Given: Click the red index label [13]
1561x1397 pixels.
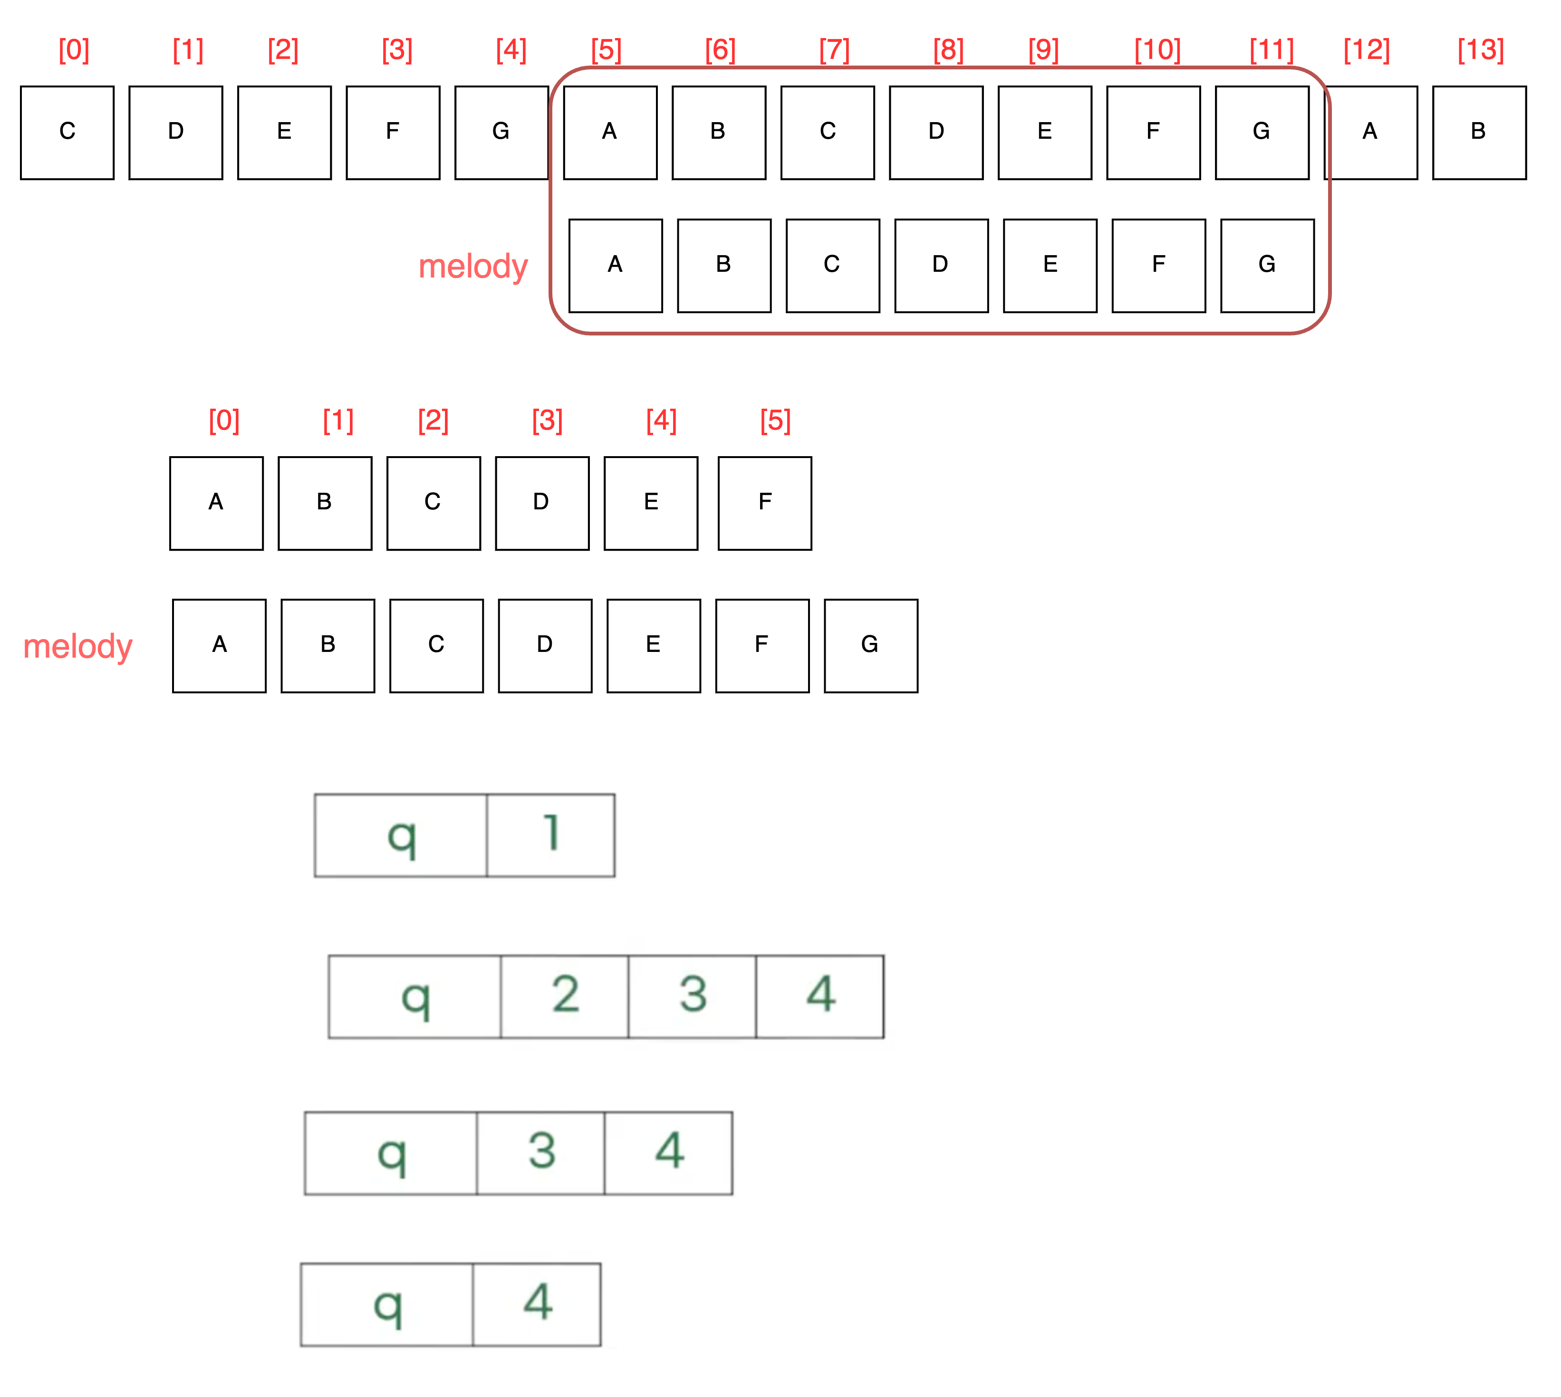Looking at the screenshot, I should (1480, 51).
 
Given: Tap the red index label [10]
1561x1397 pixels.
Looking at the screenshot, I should (1157, 51).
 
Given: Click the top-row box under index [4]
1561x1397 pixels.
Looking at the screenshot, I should (501, 132).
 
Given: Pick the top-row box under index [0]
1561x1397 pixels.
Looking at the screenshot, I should (67, 132).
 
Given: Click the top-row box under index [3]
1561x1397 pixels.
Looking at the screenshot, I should (393, 132).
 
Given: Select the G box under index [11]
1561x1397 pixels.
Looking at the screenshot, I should (1262, 132).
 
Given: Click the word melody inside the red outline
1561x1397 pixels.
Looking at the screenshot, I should (473, 267).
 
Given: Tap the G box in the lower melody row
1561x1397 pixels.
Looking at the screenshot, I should (871, 646).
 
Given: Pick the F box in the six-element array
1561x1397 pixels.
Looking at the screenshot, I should (765, 503).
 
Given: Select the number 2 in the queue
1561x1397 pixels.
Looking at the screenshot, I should (565, 995).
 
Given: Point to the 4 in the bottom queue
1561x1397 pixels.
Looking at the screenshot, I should (538, 1303).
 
